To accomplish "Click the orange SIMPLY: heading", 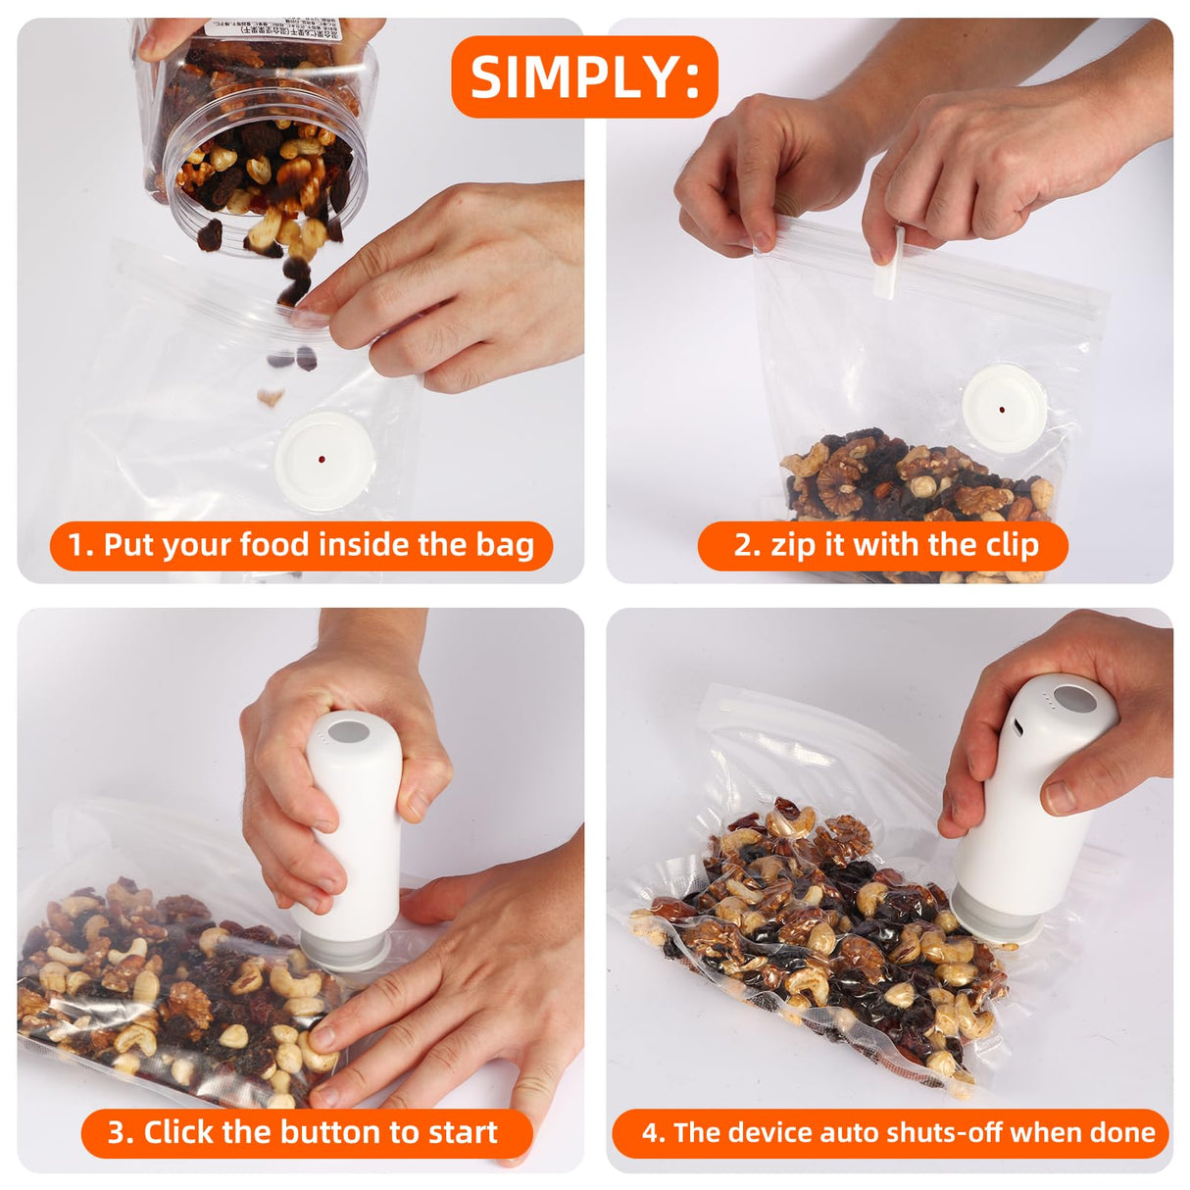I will click(x=584, y=76).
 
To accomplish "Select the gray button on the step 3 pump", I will click(x=349, y=731).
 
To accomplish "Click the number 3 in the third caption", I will click(x=118, y=1132).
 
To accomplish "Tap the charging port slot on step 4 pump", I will click(x=1018, y=727).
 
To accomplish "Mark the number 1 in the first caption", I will click(x=76, y=545).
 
